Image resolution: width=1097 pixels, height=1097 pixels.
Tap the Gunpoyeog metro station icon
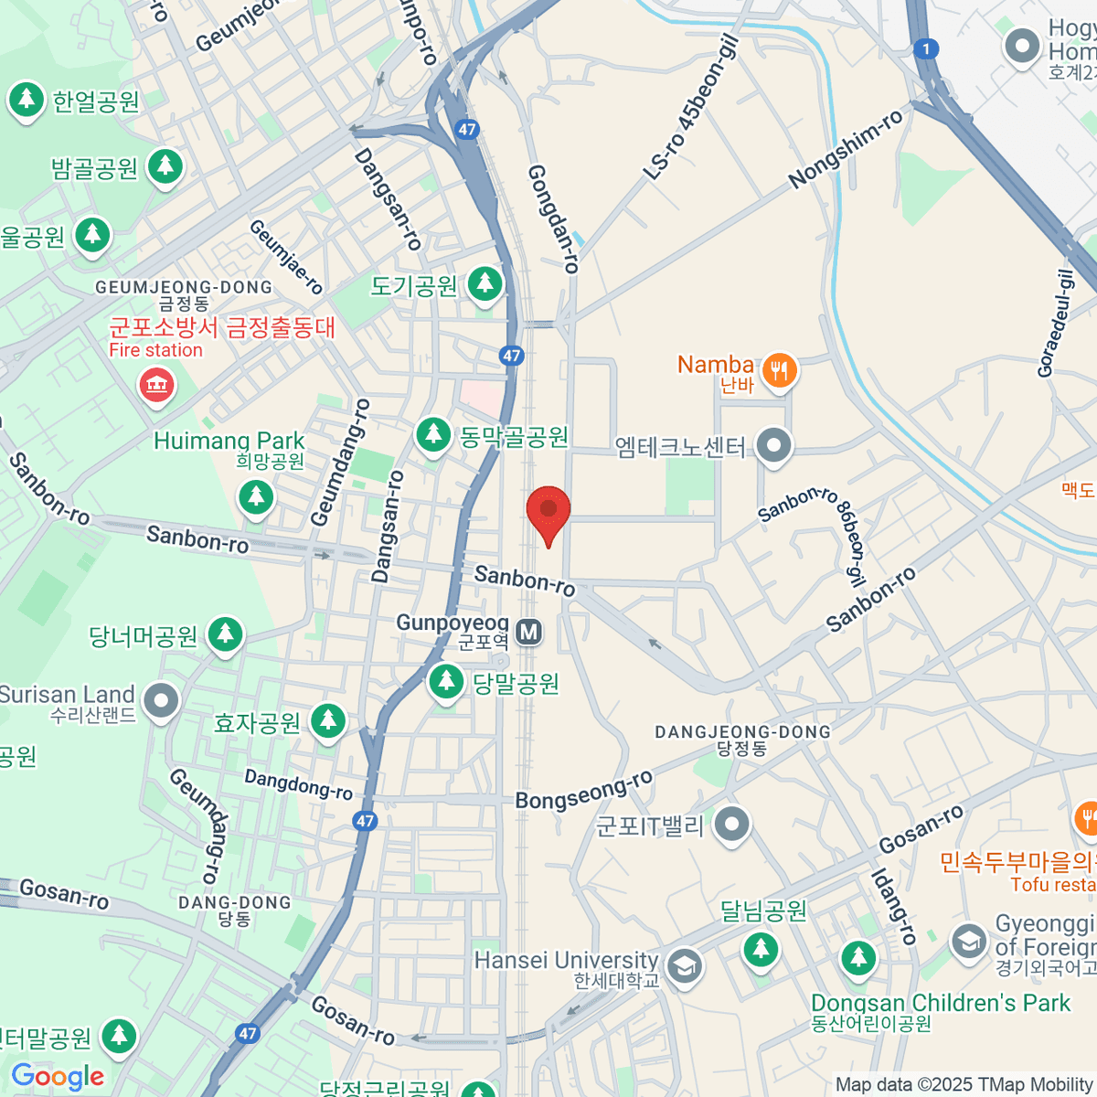528,632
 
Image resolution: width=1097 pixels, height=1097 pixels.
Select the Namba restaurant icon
779,370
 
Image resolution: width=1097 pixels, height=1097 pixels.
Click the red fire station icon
156,384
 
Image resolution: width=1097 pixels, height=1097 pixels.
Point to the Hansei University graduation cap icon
684,965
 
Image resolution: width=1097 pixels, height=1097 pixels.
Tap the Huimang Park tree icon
256,497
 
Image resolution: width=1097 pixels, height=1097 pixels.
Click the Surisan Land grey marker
162,701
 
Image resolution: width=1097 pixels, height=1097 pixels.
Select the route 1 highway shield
926,49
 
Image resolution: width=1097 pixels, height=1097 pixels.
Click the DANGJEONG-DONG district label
742,732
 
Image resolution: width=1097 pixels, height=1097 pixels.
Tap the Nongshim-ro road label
846,148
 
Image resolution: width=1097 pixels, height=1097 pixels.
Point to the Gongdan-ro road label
553,219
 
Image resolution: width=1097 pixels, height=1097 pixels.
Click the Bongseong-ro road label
584,790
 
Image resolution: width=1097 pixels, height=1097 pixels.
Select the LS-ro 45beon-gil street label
690,107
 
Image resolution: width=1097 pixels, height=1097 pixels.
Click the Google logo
58,1077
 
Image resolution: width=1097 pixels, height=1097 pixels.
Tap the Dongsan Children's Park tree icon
857,957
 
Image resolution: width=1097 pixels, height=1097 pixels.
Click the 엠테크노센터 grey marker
775,446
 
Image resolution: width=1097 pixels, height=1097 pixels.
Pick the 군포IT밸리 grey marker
731,825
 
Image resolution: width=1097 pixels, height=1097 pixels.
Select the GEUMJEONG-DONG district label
184,287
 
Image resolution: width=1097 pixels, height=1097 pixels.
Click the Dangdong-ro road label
298,784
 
